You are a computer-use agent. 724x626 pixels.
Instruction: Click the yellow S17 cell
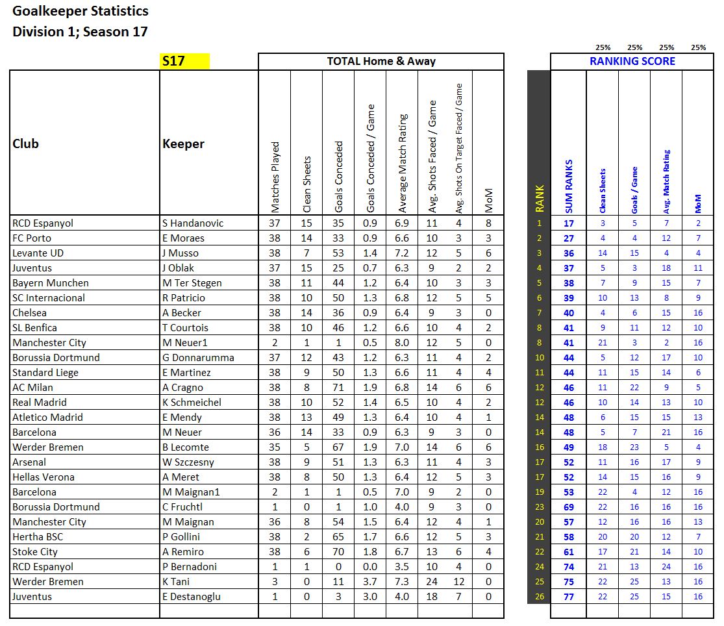coord(184,62)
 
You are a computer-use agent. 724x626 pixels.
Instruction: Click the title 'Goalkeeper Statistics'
coord(81,11)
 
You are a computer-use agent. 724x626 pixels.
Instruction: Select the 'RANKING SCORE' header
coord(632,62)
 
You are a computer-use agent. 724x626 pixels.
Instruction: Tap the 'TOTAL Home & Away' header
coord(381,62)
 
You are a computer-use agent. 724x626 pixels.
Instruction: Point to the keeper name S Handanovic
coord(193,223)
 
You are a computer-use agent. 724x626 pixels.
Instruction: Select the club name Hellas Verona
coord(44,477)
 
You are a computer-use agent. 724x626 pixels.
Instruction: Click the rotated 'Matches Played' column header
coord(275,177)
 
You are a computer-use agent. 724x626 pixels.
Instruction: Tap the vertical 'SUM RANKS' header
coord(569,186)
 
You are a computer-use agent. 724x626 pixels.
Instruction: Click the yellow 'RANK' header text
coord(539,199)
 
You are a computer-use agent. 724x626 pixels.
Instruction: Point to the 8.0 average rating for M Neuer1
coord(402,343)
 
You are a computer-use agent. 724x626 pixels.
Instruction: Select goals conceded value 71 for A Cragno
coord(338,388)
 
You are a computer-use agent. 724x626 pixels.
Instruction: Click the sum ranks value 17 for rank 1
coord(569,223)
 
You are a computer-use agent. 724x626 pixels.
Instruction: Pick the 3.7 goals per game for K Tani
coord(370,582)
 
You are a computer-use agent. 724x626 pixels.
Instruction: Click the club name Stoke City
coord(35,552)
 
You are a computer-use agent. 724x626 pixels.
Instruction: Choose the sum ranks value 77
coord(569,597)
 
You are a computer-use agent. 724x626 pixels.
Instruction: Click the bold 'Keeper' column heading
coord(184,144)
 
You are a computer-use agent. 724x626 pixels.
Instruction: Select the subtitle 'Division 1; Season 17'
coord(81,32)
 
